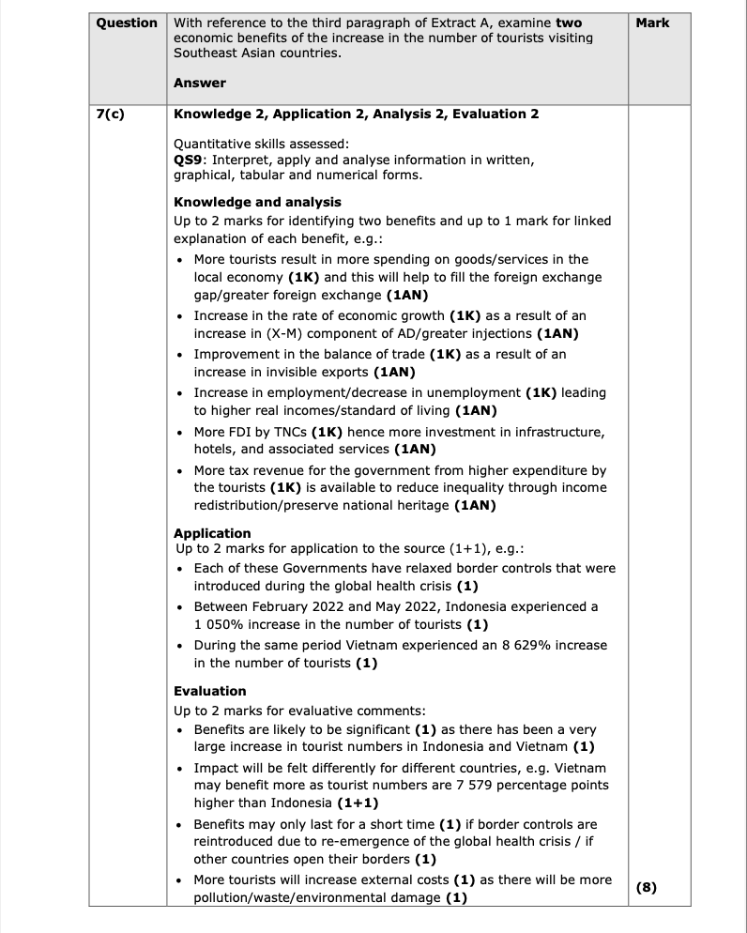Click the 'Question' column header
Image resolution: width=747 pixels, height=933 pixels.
[127, 23]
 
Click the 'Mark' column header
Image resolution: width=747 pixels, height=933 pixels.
[652, 23]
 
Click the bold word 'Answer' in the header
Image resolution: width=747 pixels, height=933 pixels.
[200, 83]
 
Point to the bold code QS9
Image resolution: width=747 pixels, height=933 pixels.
[188, 160]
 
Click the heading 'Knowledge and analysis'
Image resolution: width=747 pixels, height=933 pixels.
[257, 202]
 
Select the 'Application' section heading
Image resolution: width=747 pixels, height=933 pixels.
[213, 533]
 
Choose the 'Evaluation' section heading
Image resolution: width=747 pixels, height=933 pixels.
[210, 691]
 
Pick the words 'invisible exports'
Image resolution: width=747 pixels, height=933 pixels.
[301, 373]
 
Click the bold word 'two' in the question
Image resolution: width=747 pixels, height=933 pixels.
[568, 23]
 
